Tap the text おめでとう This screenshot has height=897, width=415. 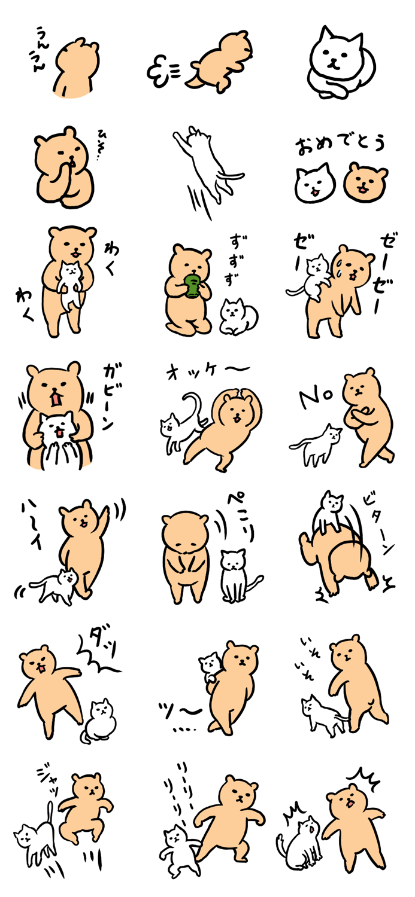tap(340, 144)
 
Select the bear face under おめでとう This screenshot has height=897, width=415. tap(365, 182)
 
